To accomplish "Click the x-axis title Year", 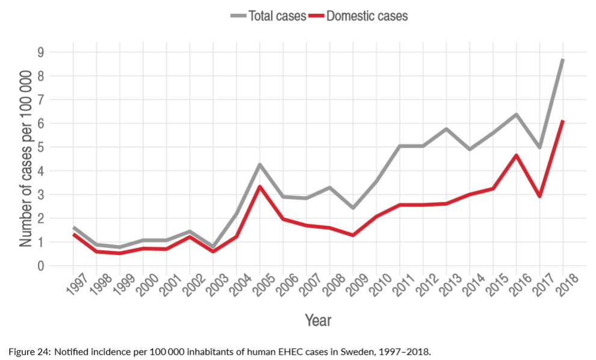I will point(317,320).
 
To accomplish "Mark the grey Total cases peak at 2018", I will point(562,60).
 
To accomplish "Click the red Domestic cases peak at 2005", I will point(259,187).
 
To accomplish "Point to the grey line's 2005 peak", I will point(259,164).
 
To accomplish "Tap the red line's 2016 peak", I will point(516,155).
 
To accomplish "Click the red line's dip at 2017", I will point(539,196).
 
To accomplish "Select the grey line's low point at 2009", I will point(352,208).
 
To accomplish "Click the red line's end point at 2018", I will point(562,121).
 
